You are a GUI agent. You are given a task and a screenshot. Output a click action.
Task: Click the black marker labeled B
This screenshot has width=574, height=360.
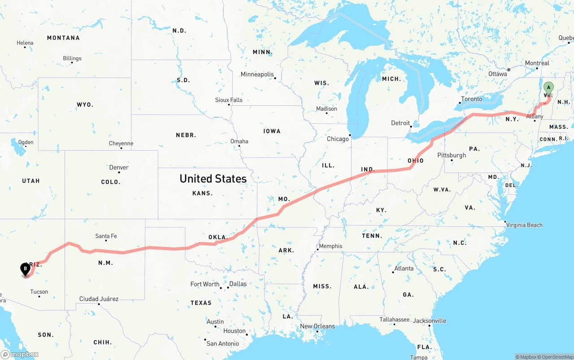coord(26,269)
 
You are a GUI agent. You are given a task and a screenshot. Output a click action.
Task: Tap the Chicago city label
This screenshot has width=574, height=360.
coord(338,139)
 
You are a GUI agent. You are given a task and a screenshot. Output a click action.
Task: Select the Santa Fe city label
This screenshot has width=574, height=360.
coord(106,236)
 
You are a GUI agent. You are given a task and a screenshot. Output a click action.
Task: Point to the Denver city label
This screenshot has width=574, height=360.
coord(119,168)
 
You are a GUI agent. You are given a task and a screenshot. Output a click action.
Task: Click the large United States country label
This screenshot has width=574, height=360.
coord(213,178)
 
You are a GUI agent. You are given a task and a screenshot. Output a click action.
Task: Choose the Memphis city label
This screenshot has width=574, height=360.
coord(330,246)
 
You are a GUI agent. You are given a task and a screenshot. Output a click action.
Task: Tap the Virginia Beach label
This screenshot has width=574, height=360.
coord(524,225)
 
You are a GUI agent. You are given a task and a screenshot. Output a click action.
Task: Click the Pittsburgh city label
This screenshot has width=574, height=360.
coord(452,155)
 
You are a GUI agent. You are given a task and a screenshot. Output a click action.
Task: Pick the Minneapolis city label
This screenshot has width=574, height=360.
coord(257,74)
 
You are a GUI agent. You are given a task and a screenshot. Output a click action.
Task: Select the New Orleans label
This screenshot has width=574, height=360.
coord(317,326)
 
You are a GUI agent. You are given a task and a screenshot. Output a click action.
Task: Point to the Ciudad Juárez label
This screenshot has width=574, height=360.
coord(99,299)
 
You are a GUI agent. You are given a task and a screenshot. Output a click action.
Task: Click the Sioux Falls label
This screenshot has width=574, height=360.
coord(229,100)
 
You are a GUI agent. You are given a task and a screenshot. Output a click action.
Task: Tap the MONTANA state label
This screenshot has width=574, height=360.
coord(63,38)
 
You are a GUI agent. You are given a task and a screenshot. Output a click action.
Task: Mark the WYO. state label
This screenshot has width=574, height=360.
coord(85,105)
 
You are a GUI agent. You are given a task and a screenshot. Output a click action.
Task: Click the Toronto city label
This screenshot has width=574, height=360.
coord(471,99)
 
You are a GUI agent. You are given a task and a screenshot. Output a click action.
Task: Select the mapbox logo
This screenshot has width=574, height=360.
coord(20,354)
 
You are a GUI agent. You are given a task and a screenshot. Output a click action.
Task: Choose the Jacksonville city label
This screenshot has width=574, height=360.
coord(430,321)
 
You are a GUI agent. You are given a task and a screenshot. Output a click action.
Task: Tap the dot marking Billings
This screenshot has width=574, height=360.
coord(72,63)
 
